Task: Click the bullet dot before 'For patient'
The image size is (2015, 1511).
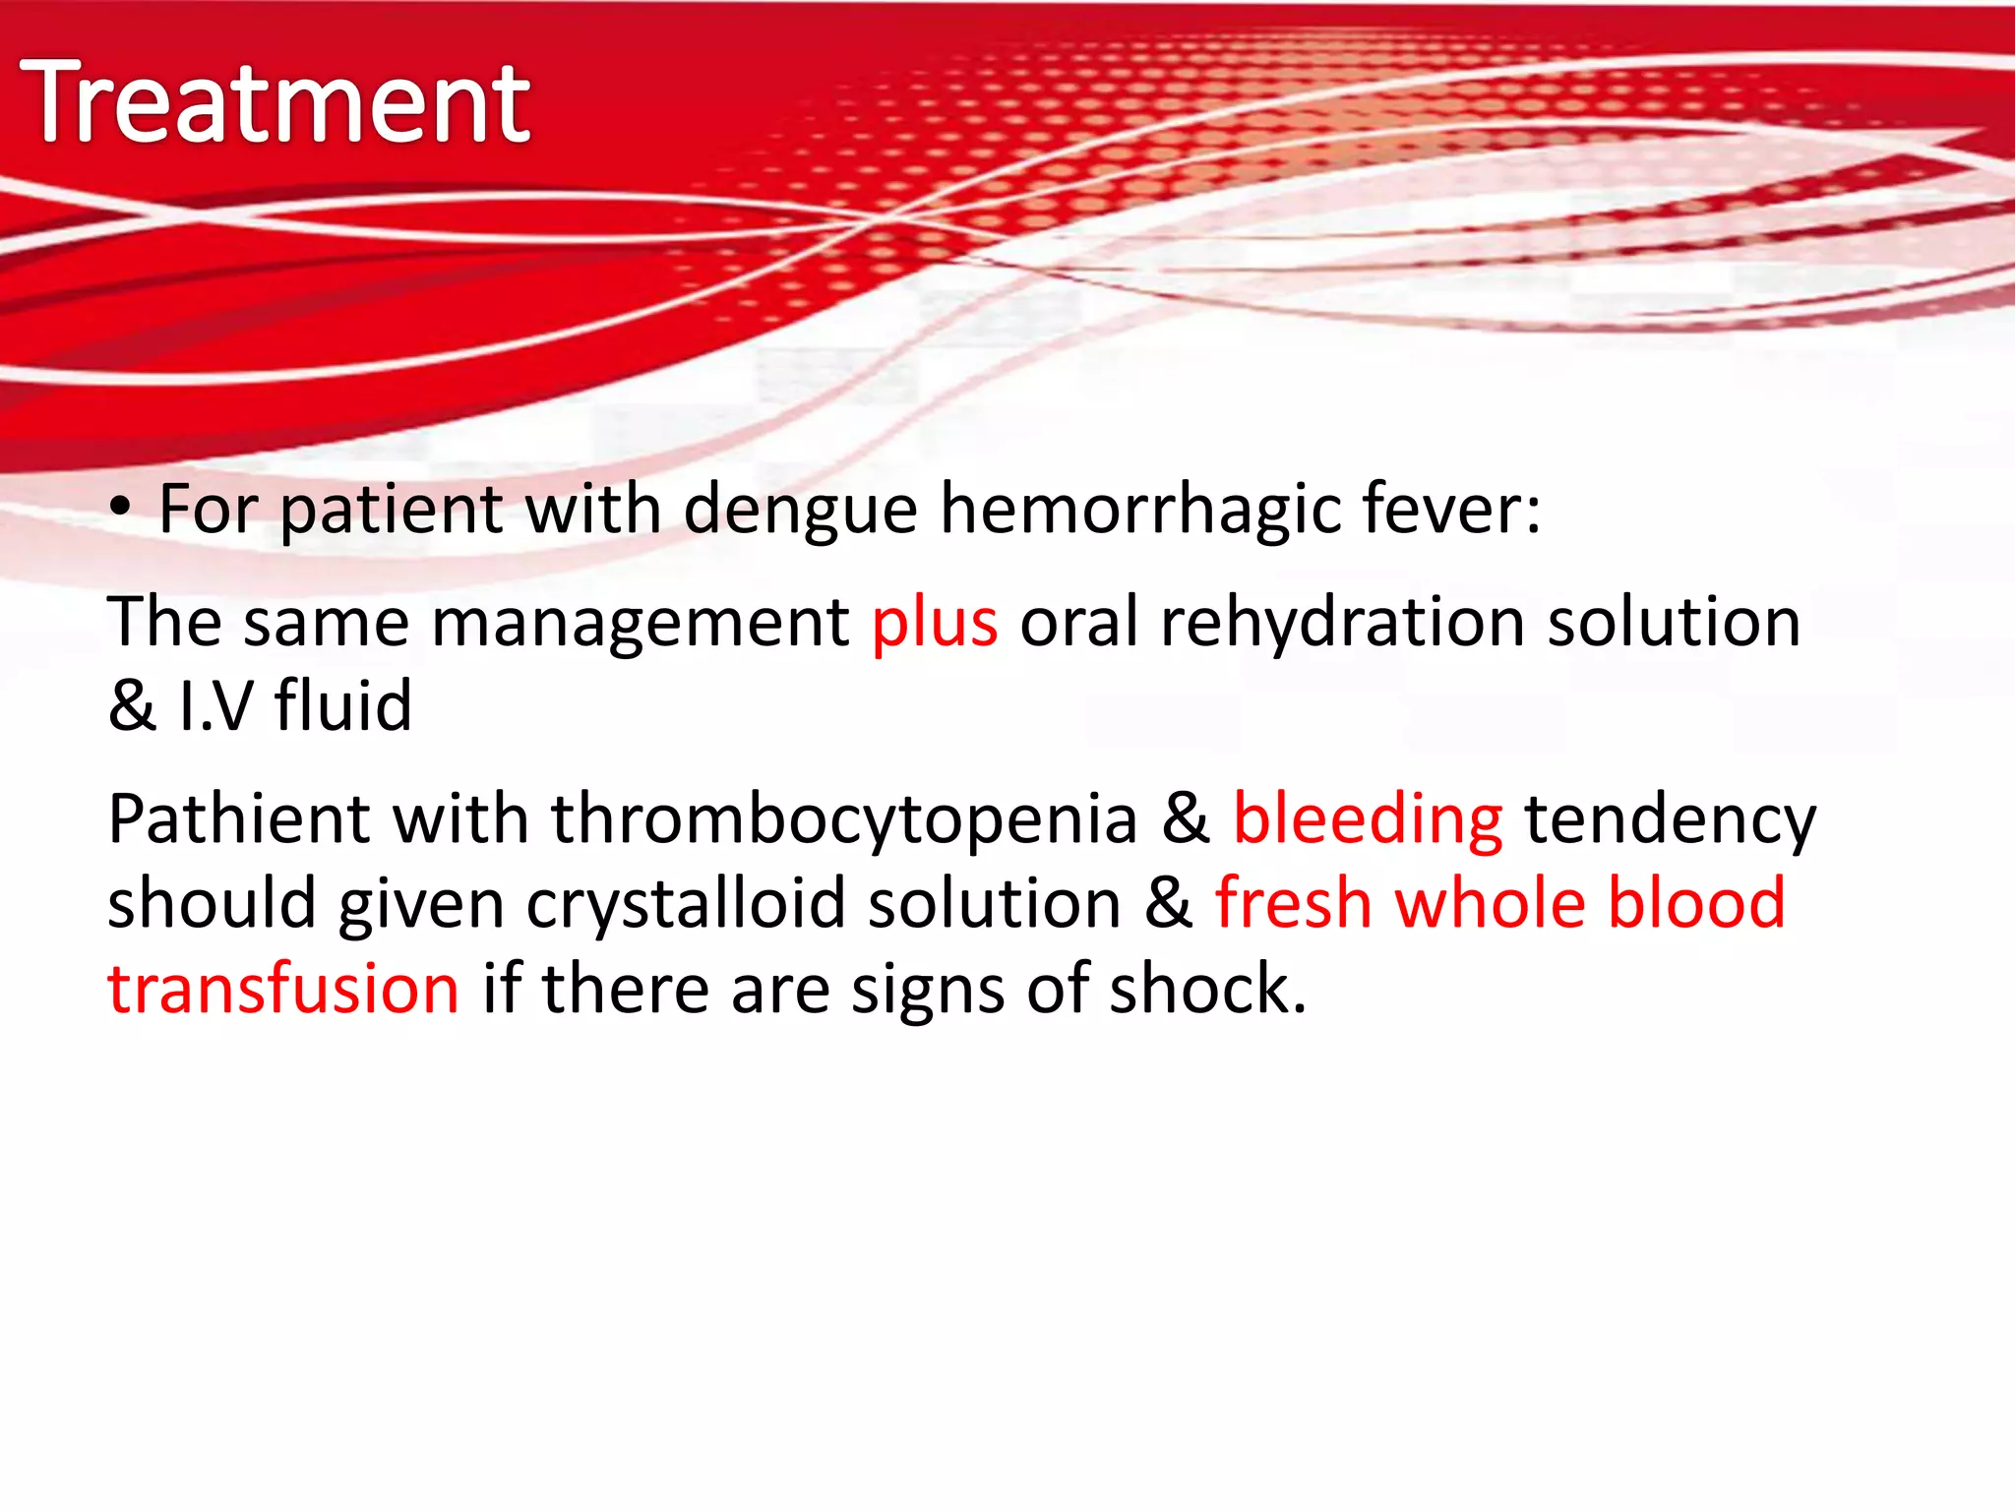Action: (x=120, y=509)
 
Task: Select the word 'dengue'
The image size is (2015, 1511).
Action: (x=800, y=511)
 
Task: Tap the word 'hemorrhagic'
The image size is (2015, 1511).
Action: (x=1139, y=511)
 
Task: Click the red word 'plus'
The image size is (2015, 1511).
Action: (x=935, y=623)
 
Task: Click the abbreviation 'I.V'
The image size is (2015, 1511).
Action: (x=214, y=706)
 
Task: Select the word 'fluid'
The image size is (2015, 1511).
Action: (x=342, y=706)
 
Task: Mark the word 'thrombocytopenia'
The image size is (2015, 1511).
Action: (x=843, y=821)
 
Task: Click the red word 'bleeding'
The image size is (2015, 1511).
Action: (x=1368, y=821)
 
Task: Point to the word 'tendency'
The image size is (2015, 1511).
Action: (x=1670, y=821)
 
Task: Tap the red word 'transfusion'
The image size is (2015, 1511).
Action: (x=283, y=989)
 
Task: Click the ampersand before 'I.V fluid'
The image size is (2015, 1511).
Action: (x=132, y=706)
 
